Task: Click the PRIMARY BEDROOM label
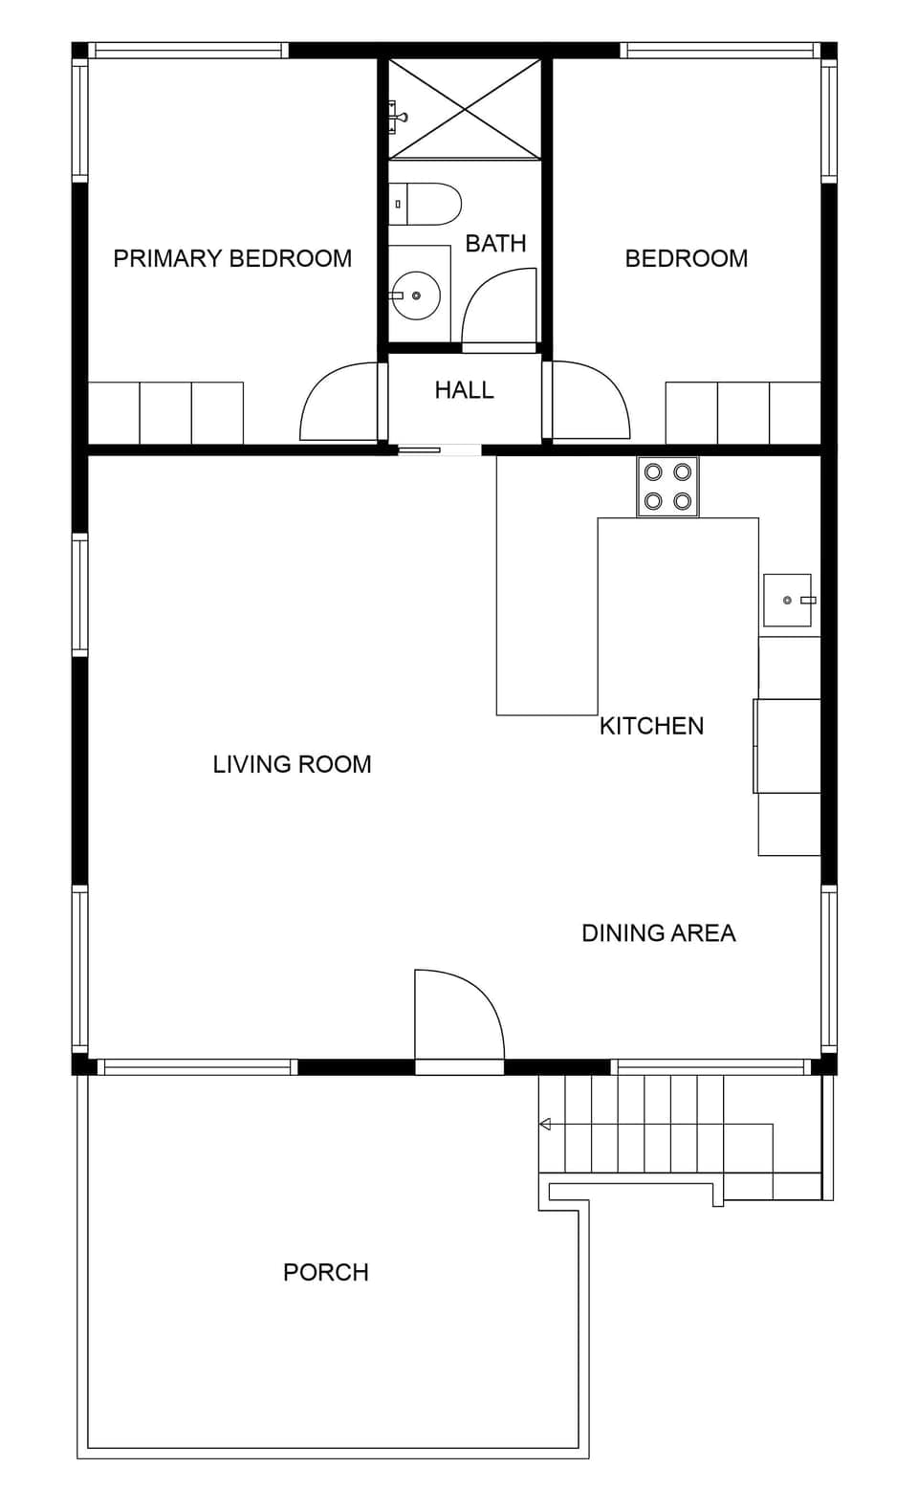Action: tap(232, 258)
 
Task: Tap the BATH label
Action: tap(495, 244)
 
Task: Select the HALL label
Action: tap(464, 390)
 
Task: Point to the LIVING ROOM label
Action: tap(292, 764)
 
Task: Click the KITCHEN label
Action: tap(651, 726)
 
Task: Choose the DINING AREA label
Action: tap(659, 933)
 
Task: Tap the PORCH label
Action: tap(326, 1272)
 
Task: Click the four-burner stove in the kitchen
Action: tap(667, 487)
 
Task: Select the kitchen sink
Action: tap(787, 600)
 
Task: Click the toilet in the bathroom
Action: tap(427, 204)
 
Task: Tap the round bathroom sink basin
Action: tap(417, 296)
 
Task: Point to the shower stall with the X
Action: tap(465, 109)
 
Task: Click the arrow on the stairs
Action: tap(545, 1125)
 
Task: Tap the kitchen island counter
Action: tap(546, 612)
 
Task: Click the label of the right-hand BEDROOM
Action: tap(686, 258)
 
